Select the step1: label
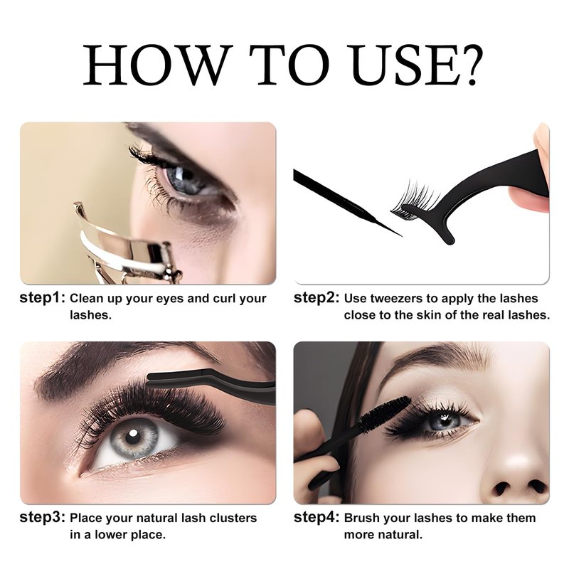pyautogui.click(x=43, y=298)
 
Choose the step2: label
pyautogui.click(x=317, y=298)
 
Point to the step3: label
pyautogui.click(x=43, y=518)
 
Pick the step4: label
pyautogui.click(x=317, y=518)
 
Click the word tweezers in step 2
pyautogui.click(x=398, y=299)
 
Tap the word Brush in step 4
pyautogui.click(x=363, y=518)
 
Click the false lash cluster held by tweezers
pyautogui.click(x=415, y=201)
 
